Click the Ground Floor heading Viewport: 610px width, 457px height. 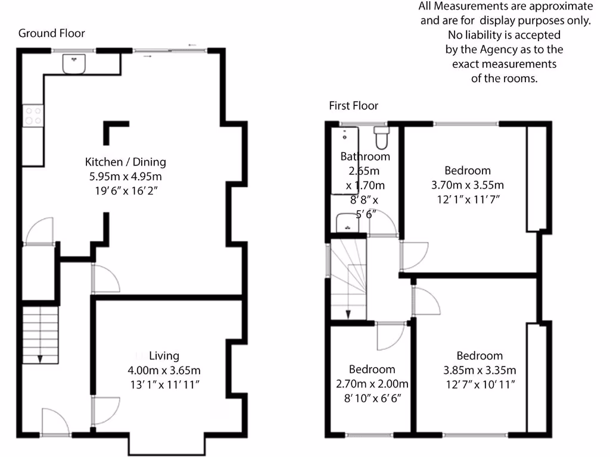point(52,33)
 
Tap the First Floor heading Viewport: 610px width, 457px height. point(353,106)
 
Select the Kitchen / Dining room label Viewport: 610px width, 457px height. point(126,162)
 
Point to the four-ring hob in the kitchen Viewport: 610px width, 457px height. point(32,115)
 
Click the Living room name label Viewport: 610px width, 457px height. point(164,356)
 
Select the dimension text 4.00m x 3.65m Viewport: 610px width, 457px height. point(164,370)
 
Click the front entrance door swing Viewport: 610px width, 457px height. point(55,422)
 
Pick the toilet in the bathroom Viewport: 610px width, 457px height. point(381,138)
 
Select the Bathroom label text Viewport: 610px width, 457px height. point(365,156)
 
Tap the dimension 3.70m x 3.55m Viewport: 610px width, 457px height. point(468,184)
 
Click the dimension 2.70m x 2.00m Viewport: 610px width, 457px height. point(372,384)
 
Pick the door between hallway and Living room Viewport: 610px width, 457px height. point(104,411)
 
